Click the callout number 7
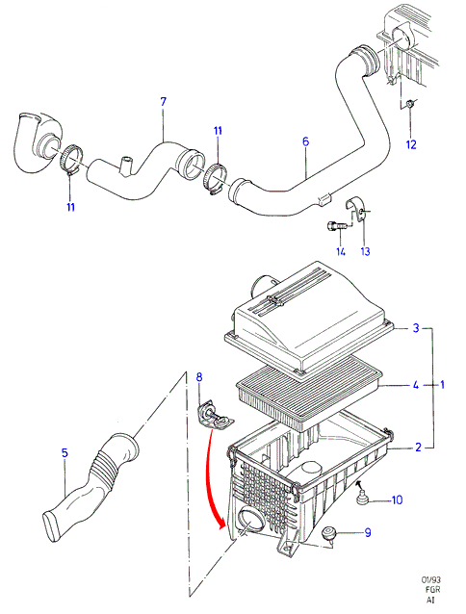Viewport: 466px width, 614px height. tap(164, 102)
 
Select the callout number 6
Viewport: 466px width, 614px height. tap(306, 141)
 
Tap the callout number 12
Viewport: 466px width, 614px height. tap(411, 144)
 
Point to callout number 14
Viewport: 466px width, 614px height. tap(341, 251)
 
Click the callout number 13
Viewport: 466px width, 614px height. tap(365, 251)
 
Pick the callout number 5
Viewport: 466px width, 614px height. tap(65, 452)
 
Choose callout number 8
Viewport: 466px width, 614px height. tap(199, 377)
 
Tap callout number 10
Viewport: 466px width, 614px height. tap(397, 500)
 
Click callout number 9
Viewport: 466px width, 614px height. tap(368, 532)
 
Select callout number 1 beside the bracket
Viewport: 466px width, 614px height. tap(442, 385)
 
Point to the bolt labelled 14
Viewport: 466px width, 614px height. tap(335, 226)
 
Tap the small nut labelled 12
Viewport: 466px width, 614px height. tap(410, 104)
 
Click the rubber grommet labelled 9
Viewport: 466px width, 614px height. tap(327, 533)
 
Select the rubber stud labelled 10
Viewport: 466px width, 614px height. tap(361, 497)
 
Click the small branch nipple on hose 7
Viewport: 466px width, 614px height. tap(126, 166)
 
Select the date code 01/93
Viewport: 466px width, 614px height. tap(428, 580)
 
